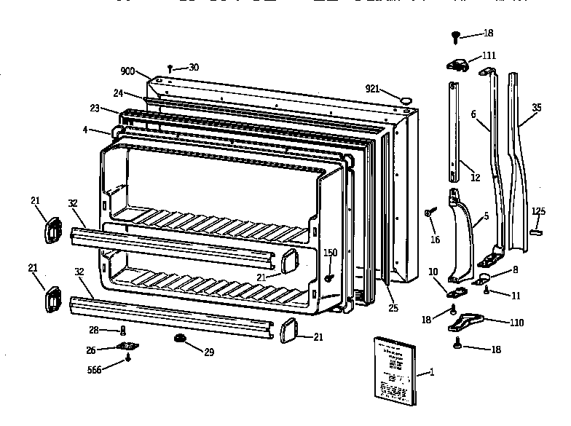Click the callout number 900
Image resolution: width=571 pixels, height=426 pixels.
coord(128,71)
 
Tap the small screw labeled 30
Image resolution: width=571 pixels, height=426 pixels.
coord(170,68)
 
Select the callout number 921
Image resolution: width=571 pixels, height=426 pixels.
coord(372,88)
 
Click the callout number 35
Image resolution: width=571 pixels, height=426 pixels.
coord(536,107)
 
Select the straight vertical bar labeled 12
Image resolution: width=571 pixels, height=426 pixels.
coord(454,131)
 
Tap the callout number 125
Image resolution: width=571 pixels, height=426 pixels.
coord(537,211)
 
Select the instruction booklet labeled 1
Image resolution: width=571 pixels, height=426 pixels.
coord(393,369)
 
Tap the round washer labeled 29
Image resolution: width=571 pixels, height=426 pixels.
coord(179,339)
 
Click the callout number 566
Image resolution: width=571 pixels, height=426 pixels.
coord(95,370)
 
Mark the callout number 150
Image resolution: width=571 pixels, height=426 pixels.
coord(330,252)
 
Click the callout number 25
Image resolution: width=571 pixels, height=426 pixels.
coord(393,308)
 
